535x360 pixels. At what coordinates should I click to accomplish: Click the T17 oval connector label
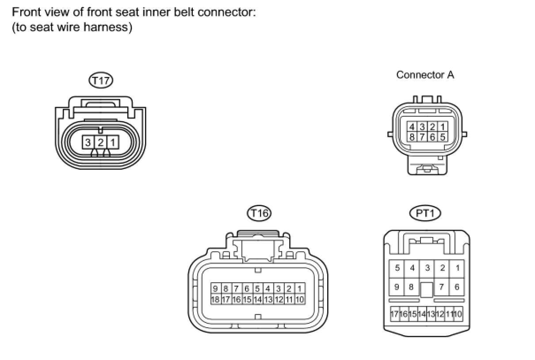tap(101, 80)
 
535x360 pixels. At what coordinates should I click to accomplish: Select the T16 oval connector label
tap(259, 213)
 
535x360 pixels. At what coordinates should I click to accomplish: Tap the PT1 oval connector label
tap(425, 213)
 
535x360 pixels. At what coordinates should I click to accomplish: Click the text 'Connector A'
tap(425, 75)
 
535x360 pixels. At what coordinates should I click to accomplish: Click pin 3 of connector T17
tap(88, 142)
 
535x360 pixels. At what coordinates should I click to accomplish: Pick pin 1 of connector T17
tap(113, 142)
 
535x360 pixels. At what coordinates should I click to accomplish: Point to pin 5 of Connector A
tap(443, 136)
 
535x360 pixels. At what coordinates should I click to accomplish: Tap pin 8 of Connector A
tap(412, 136)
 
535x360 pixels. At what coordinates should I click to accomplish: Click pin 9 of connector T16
tap(215, 289)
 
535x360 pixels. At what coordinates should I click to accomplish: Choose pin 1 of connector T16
tap(299, 289)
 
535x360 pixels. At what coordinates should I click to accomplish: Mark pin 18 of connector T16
tap(215, 299)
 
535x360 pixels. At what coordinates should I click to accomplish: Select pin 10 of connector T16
tap(299, 299)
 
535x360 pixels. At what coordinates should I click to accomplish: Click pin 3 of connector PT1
tap(427, 268)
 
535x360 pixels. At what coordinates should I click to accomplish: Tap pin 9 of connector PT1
tap(397, 287)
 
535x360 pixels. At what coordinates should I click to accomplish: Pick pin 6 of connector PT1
tap(457, 287)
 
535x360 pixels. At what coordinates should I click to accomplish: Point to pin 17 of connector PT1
tap(394, 314)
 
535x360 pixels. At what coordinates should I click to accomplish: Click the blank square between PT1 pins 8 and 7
tap(426, 290)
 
